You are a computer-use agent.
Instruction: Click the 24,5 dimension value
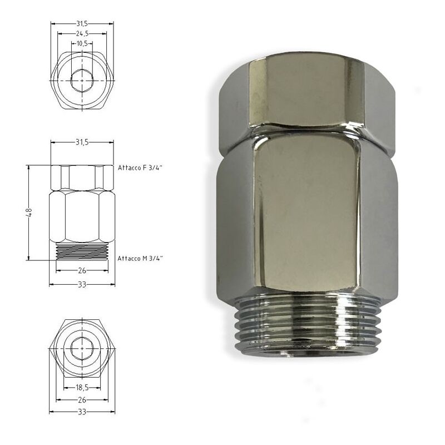(x=82, y=33)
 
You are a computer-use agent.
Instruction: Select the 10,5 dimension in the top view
(x=82, y=43)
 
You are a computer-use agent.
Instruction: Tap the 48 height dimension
(x=30, y=212)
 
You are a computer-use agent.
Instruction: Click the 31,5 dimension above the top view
(x=82, y=24)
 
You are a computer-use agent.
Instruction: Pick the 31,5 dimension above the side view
(x=82, y=142)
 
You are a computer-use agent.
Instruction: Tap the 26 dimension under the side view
(x=82, y=270)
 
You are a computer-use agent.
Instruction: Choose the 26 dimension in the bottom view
(x=82, y=399)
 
